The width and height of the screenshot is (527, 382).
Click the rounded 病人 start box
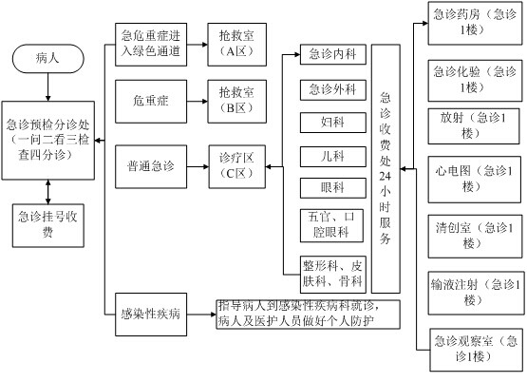click(48, 59)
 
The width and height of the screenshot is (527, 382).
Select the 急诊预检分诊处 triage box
click(48, 141)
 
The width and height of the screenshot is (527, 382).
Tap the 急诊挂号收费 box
click(48, 225)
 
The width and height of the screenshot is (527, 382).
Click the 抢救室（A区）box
click(237, 45)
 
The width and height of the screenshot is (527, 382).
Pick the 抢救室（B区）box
click(237, 102)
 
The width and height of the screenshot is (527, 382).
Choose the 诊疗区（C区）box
click(237, 166)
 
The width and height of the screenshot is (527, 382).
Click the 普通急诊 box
click(151, 166)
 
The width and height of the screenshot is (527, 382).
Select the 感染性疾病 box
click(151, 315)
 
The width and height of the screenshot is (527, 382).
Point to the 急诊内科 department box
click(332, 54)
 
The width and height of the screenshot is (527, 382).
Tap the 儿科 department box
click(332, 157)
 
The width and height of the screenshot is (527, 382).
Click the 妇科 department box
click(332, 123)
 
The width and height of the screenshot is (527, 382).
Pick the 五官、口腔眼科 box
click(331, 225)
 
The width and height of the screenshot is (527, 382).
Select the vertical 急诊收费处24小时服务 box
click(386, 168)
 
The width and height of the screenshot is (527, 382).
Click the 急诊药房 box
click(475, 23)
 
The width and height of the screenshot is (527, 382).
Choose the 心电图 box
click(474, 180)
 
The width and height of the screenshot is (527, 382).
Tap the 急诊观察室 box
click(477, 350)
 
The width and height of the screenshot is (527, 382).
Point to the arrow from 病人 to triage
click(48, 87)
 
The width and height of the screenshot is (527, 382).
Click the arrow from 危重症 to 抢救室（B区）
click(198, 102)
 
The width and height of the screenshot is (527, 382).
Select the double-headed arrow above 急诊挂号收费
click(48, 192)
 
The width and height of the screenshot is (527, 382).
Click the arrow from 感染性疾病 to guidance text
click(201, 315)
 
